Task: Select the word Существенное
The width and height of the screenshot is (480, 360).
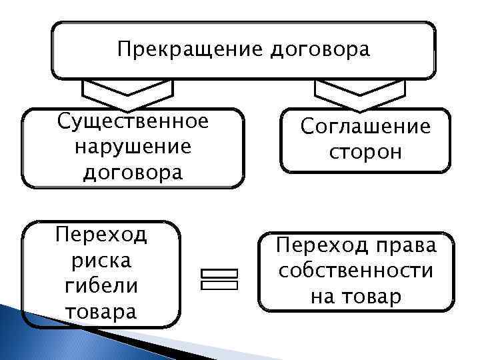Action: [133, 122]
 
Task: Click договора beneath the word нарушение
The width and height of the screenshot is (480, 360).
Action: [132, 173]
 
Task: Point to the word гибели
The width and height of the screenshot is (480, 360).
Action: [101, 285]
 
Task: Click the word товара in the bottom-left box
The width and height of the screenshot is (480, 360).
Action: [101, 311]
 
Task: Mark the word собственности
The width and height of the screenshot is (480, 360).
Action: [356, 271]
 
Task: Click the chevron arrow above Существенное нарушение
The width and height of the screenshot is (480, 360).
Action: [127, 93]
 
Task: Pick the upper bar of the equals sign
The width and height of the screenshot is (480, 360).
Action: [218, 273]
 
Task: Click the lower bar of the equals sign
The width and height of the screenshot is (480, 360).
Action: [218, 285]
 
